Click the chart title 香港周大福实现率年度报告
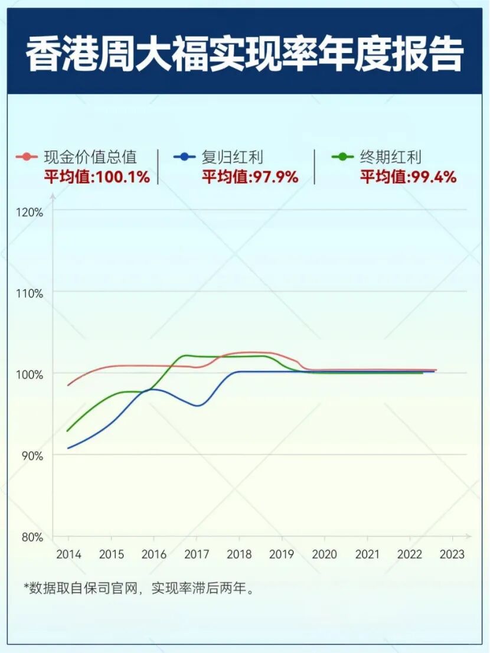point(244,55)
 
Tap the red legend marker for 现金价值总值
point(27,157)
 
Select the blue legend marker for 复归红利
point(185,157)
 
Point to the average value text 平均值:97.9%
point(250,177)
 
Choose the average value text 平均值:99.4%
point(409,177)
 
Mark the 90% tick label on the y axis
point(33,456)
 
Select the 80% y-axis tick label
point(33,537)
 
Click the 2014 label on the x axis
point(68,555)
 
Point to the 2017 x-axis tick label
point(197,555)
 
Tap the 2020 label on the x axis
point(324,555)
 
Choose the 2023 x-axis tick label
point(452,555)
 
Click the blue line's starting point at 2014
point(68,448)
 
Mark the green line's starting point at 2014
point(68,430)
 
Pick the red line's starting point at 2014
point(68,385)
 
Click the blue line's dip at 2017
point(197,406)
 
